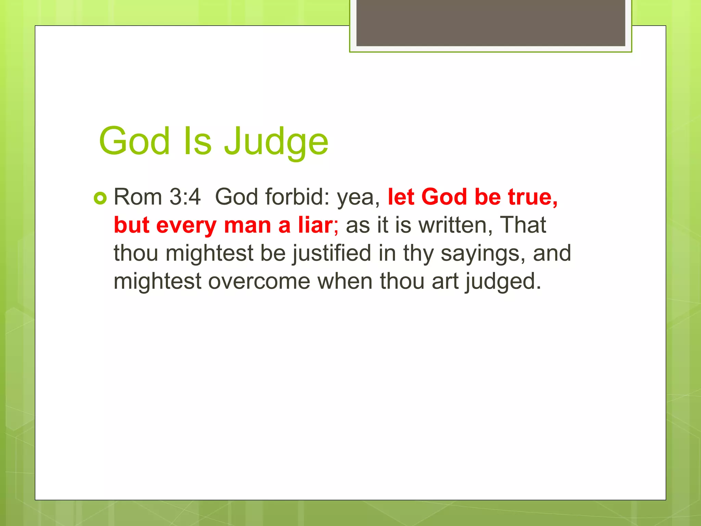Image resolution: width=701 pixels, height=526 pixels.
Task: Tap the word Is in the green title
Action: pos(197,141)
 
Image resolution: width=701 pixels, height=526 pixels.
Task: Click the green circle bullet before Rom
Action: pos(100,198)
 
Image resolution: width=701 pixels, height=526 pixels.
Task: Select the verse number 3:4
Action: pos(185,197)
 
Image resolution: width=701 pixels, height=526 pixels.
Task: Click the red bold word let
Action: pos(401,197)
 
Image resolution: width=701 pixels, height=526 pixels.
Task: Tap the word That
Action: pos(523,225)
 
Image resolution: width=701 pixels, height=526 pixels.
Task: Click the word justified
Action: pos(332,253)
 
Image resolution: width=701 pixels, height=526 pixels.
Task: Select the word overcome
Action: pos(259,281)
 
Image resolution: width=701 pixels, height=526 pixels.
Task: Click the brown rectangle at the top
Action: pos(490,23)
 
